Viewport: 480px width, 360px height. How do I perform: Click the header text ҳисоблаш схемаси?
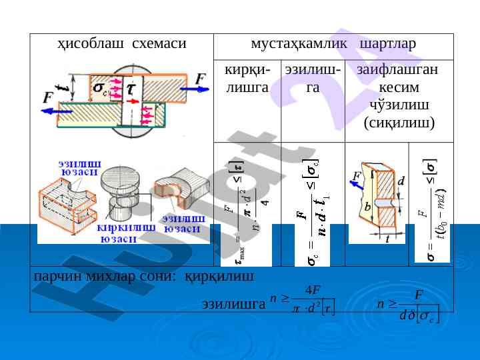click(120, 45)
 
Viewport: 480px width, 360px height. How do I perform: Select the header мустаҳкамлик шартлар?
click(333, 45)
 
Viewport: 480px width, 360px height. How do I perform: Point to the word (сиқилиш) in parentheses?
click(399, 123)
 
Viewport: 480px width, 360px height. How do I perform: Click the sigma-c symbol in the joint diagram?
click(101, 89)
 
